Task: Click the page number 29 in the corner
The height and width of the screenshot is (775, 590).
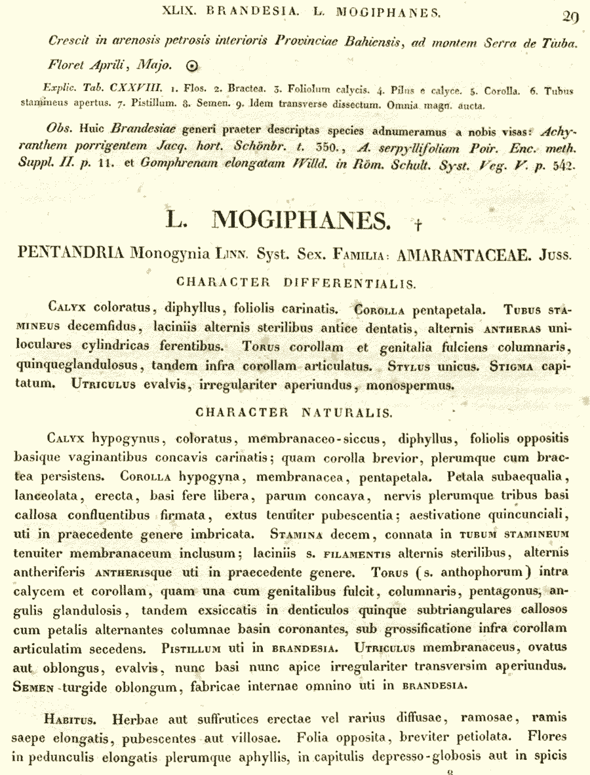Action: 570,18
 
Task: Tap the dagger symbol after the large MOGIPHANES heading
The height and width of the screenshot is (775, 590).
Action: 417,225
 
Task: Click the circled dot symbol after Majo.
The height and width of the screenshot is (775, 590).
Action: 191,65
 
